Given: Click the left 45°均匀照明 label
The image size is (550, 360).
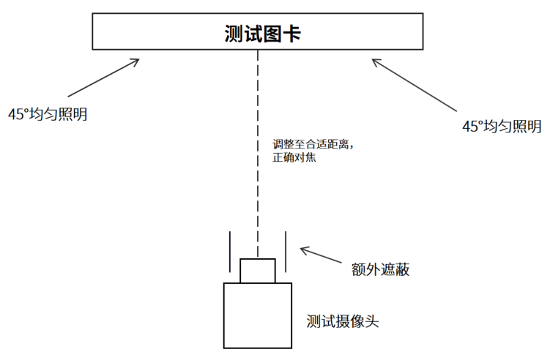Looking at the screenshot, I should (x=48, y=114).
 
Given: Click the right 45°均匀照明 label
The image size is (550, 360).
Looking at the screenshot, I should (x=502, y=126).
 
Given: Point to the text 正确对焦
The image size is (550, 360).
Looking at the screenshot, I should (x=294, y=158).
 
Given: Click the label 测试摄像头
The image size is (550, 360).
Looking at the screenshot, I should (x=343, y=320).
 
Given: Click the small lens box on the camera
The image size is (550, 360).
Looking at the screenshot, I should (x=258, y=270).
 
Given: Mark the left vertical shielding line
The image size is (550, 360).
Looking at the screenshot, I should (x=231, y=252).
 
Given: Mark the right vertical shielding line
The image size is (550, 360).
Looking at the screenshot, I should (x=286, y=252).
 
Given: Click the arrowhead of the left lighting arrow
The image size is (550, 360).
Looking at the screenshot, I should (x=135, y=61).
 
